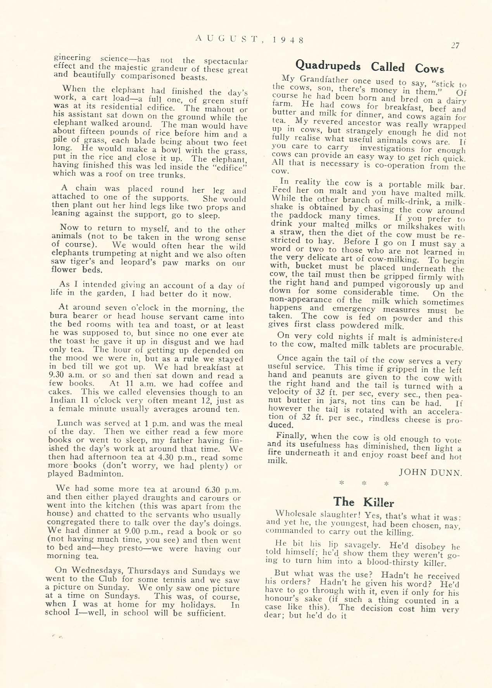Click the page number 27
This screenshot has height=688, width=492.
pos(455,45)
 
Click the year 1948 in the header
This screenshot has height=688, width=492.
pos(288,40)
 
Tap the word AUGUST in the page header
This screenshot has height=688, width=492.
pos(226,38)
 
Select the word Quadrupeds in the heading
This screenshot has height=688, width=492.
pos(328,65)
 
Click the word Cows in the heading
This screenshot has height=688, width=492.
pos(429,69)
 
